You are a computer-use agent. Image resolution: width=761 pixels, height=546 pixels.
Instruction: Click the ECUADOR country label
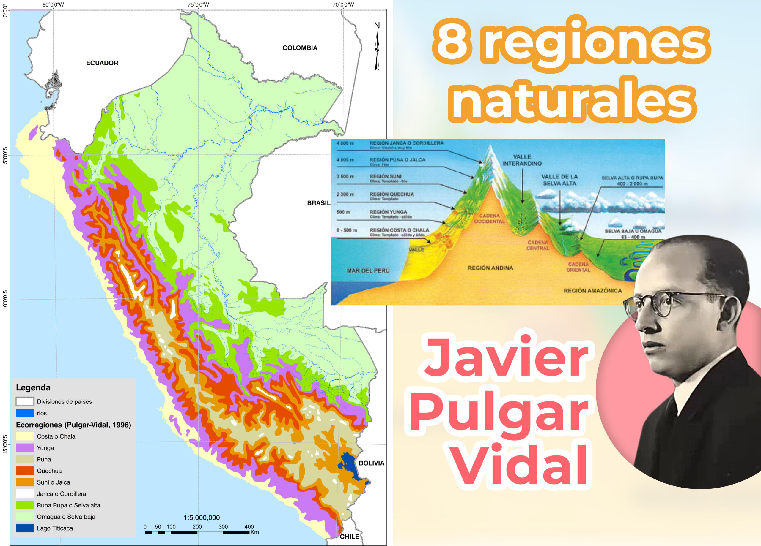pyautogui.click(x=102, y=63)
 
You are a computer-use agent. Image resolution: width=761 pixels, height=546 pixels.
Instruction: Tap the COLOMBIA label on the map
pyautogui.click(x=300, y=48)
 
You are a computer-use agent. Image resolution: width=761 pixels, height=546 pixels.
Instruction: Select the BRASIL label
pyautogui.click(x=318, y=203)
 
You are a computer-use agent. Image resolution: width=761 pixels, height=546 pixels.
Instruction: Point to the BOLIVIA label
pyautogui.click(x=372, y=463)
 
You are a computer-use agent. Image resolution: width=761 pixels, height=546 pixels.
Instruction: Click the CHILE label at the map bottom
pyautogui.click(x=349, y=536)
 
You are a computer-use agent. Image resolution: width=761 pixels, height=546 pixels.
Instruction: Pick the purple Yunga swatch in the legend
pyautogui.click(x=25, y=448)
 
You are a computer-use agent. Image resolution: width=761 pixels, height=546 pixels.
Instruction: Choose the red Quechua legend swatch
pyautogui.click(x=25, y=471)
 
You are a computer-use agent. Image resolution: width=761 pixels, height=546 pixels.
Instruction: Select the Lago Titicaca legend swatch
pyautogui.click(x=25, y=528)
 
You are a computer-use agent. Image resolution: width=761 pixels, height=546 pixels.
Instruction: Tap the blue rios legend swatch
pyautogui.click(x=25, y=413)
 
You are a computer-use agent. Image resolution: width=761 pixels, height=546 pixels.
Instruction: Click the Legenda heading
pyautogui.click(x=33, y=387)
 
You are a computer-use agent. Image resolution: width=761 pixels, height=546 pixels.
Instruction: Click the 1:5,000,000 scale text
pyautogui.click(x=202, y=517)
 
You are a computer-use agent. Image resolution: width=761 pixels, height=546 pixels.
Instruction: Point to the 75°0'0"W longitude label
pyautogui.click(x=198, y=4)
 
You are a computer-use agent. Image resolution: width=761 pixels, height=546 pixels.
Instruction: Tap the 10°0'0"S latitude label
pyautogui.click(x=5, y=300)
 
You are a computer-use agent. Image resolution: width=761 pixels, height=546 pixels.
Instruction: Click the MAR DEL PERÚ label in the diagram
pyautogui.click(x=368, y=270)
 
